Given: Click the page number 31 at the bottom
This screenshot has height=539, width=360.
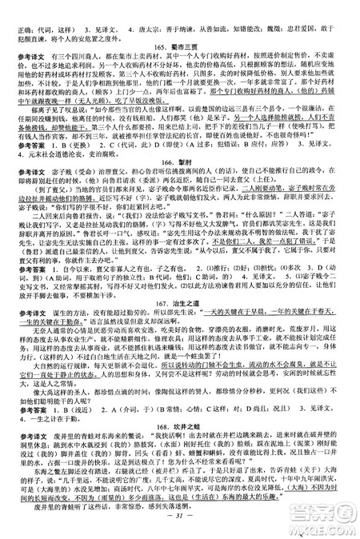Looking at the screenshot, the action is (x=179, y=531).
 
